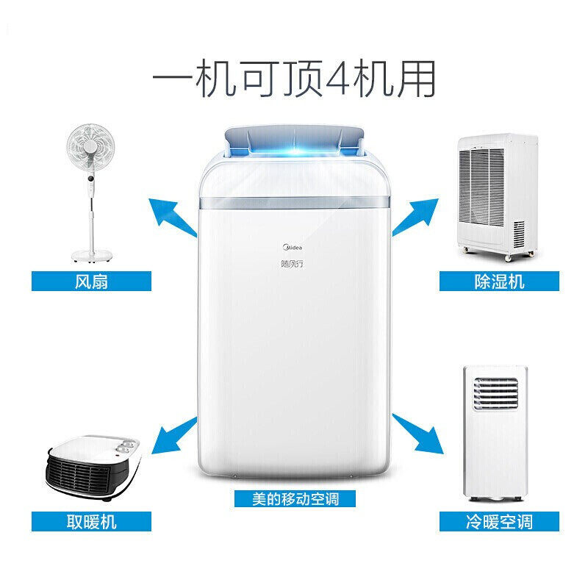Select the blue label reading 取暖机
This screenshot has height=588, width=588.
tap(91, 521)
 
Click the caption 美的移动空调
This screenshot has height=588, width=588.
tap(294, 498)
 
